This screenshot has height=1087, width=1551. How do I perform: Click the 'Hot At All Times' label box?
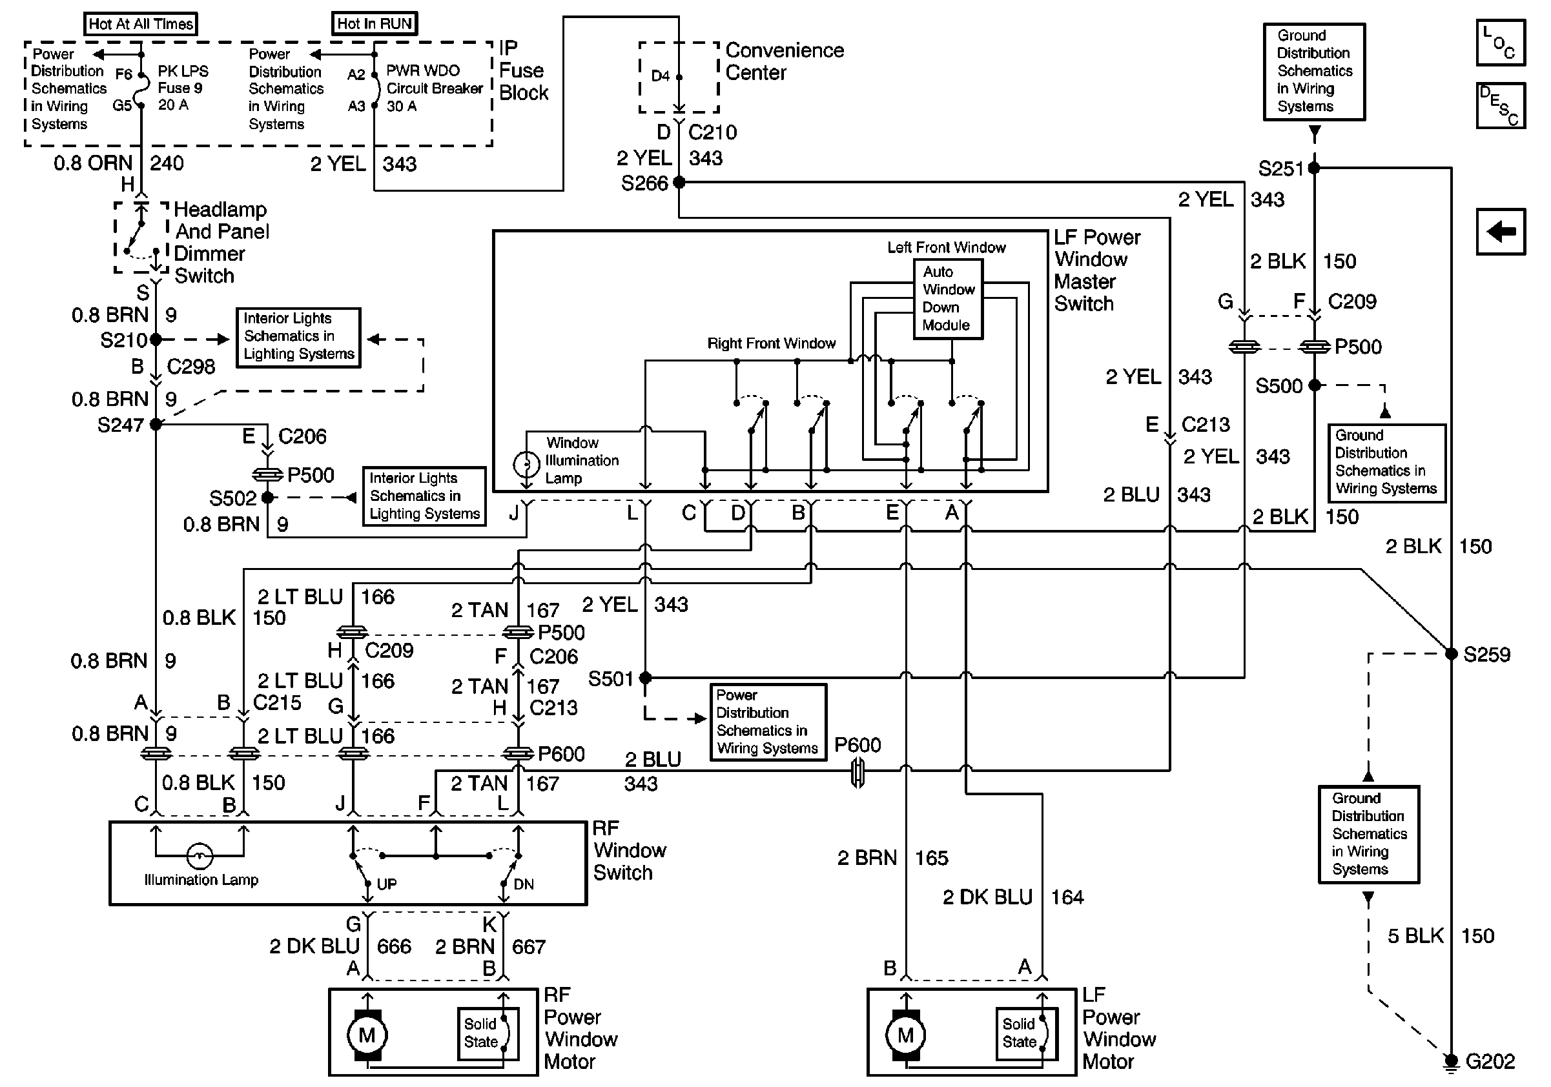(141, 25)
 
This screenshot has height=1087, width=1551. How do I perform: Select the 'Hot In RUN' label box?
(375, 24)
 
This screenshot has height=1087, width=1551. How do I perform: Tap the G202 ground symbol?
(1450, 1062)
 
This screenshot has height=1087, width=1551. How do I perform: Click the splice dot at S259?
(1450, 653)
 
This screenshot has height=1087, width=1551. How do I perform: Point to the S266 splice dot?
(679, 182)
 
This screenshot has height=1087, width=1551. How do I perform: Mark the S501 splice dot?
(645, 677)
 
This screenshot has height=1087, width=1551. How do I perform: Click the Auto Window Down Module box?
(948, 298)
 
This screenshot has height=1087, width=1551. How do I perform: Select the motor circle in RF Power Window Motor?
(367, 1035)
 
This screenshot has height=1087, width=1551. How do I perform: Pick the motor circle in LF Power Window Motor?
(906, 1035)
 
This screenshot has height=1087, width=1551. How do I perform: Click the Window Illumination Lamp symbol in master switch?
(526, 465)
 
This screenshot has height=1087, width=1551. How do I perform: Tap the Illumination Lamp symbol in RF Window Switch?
(200, 856)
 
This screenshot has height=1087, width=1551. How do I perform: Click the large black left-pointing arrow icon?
(1501, 232)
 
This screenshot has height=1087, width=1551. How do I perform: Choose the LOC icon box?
(1501, 43)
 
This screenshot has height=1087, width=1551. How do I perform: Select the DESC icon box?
(1501, 105)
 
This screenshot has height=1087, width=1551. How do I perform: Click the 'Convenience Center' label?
(784, 61)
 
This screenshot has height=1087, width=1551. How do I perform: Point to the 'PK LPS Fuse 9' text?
(182, 79)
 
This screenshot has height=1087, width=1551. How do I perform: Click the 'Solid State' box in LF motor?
(1026, 1033)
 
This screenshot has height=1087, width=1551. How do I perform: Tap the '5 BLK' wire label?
(1415, 936)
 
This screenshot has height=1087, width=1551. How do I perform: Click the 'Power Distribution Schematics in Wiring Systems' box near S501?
(768, 722)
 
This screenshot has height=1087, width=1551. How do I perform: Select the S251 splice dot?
(1314, 167)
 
